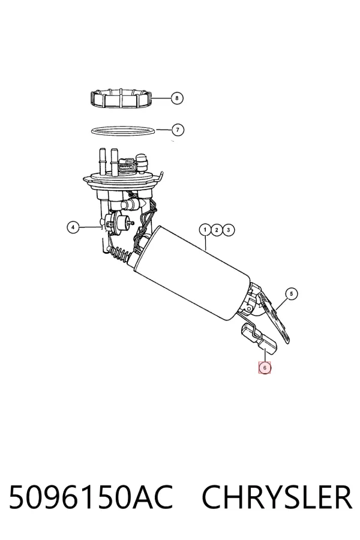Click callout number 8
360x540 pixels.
point(177,98)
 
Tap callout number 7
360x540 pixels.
point(178,130)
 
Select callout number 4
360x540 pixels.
point(73,227)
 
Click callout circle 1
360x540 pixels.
point(205,230)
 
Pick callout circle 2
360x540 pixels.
point(217,230)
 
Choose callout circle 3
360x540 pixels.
point(229,230)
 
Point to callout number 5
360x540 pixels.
point(292,294)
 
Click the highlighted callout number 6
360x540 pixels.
point(265,368)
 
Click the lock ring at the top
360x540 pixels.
point(121,98)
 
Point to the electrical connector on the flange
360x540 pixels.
point(127,166)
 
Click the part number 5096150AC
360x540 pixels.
point(90,497)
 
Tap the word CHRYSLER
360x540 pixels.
point(277,497)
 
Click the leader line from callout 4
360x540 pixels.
point(90,227)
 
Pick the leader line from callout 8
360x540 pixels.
point(161,98)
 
